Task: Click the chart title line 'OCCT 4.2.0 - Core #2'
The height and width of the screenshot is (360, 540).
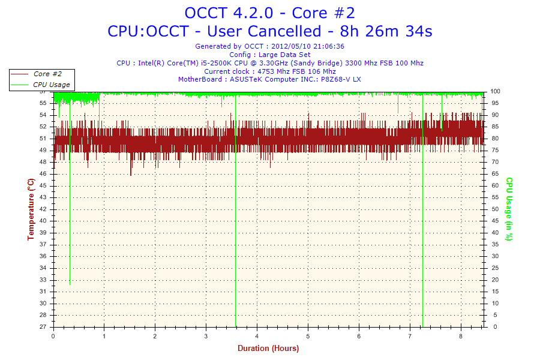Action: click(x=269, y=13)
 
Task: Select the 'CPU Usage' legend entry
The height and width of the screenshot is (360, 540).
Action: click(x=51, y=85)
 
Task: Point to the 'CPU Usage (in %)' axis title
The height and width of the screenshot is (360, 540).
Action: click(x=509, y=209)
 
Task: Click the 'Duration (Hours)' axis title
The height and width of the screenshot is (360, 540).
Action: click(x=268, y=348)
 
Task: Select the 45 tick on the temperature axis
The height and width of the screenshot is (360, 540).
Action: click(x=43, y=185)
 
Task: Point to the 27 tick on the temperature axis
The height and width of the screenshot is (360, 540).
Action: click(x=43, y=327)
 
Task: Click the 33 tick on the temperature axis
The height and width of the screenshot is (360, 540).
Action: click(x=43, y=280)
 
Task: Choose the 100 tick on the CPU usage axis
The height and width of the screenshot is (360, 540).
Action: click(x=496, y=91)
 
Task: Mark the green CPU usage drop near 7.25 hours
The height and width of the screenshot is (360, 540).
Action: click(x=423, y=240)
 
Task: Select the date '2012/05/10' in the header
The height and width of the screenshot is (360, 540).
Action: click(x=292, y=46)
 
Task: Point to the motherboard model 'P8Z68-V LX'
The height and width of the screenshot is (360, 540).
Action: click(x=341, y=79)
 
